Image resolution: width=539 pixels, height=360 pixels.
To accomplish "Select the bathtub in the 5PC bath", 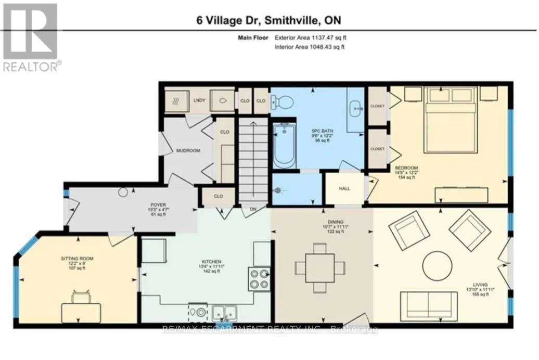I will pos(284,145).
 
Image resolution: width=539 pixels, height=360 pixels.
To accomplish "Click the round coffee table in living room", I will pos(437,266).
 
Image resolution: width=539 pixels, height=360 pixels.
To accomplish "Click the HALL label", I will pos(343,189).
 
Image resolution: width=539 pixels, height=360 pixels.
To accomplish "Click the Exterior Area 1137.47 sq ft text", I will pos(310,37).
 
